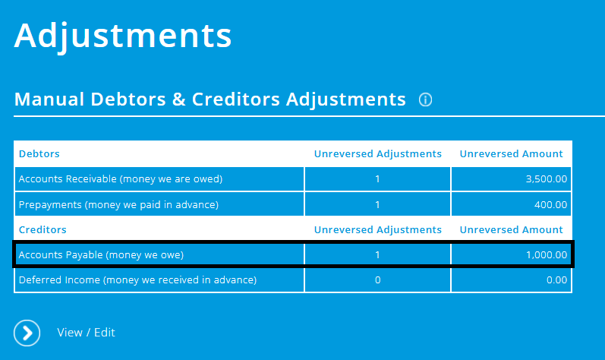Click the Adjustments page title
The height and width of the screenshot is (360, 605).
point(122,36)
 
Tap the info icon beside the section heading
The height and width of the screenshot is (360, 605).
point(425,100)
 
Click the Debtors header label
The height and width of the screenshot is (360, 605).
point(39,153)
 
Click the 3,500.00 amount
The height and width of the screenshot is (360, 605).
point(546,179)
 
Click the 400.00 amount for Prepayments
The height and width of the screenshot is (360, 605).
point(551,204)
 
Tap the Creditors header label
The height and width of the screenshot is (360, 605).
point(42,229)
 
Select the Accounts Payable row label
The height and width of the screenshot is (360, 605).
point(101,254)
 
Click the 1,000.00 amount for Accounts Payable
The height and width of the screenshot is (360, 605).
point(546,254)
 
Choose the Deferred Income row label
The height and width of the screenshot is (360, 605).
point(137,279)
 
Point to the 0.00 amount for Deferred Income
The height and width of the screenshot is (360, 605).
point(556,279)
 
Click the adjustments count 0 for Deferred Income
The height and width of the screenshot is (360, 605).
point(377,279)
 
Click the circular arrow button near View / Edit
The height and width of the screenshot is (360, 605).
point(27,333)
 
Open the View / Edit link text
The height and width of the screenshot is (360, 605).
point(86,333)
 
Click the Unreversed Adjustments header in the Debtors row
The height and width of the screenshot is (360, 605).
point(377,153)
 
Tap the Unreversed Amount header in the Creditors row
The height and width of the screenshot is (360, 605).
point(511,229)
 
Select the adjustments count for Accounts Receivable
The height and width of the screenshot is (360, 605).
point(377,179)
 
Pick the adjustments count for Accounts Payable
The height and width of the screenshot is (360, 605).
point(377,254)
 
